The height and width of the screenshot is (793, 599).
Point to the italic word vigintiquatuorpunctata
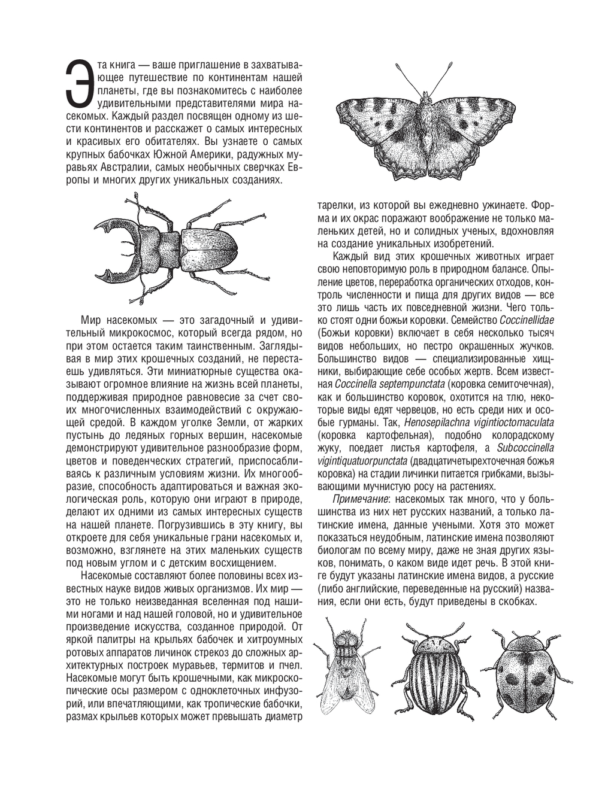pos(363,460)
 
